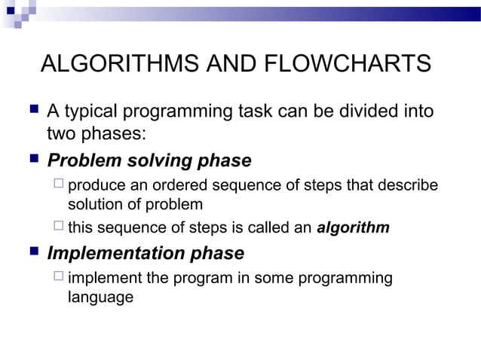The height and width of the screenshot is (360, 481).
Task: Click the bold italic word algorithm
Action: (x=353, y=227)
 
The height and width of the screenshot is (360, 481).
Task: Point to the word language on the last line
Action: (x=100, y=297)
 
